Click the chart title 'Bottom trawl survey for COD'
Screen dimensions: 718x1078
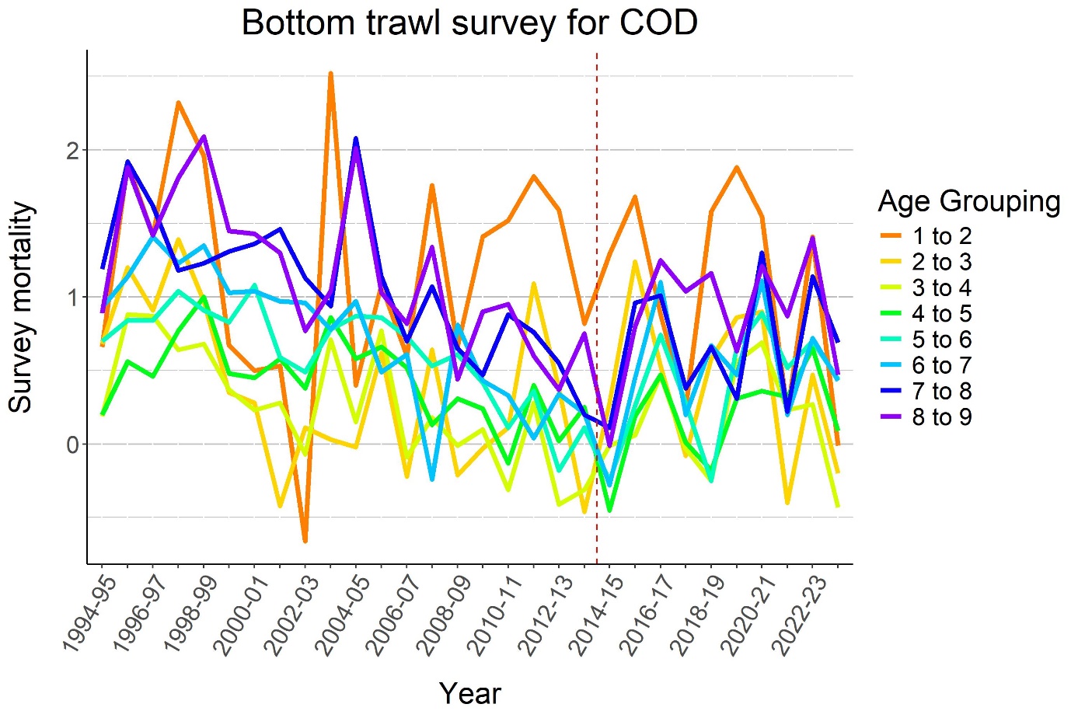click(x=469, y=23)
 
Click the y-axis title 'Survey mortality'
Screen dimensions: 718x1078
click(x=21, y=307)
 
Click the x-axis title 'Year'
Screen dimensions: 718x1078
click(x=469, y=693)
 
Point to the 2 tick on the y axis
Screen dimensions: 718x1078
click(x=72, y=150)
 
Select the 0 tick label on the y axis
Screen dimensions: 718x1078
click(x=72, y=444)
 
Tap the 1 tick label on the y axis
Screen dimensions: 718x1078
click(x=72, y=297)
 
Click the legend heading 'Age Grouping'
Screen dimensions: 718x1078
click(x=968, y=201)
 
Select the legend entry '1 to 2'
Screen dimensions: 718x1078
click(x=941, y=236)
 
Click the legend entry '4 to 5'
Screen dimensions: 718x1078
click(x=941, y=314)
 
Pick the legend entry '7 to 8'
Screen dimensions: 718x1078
click(x=941, y=391)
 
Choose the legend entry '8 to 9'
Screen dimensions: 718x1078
click(x=941, y=417)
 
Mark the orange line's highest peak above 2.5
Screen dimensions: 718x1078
click(x=330, y=73)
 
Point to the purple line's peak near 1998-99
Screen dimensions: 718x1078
click(x=204, y=137)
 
